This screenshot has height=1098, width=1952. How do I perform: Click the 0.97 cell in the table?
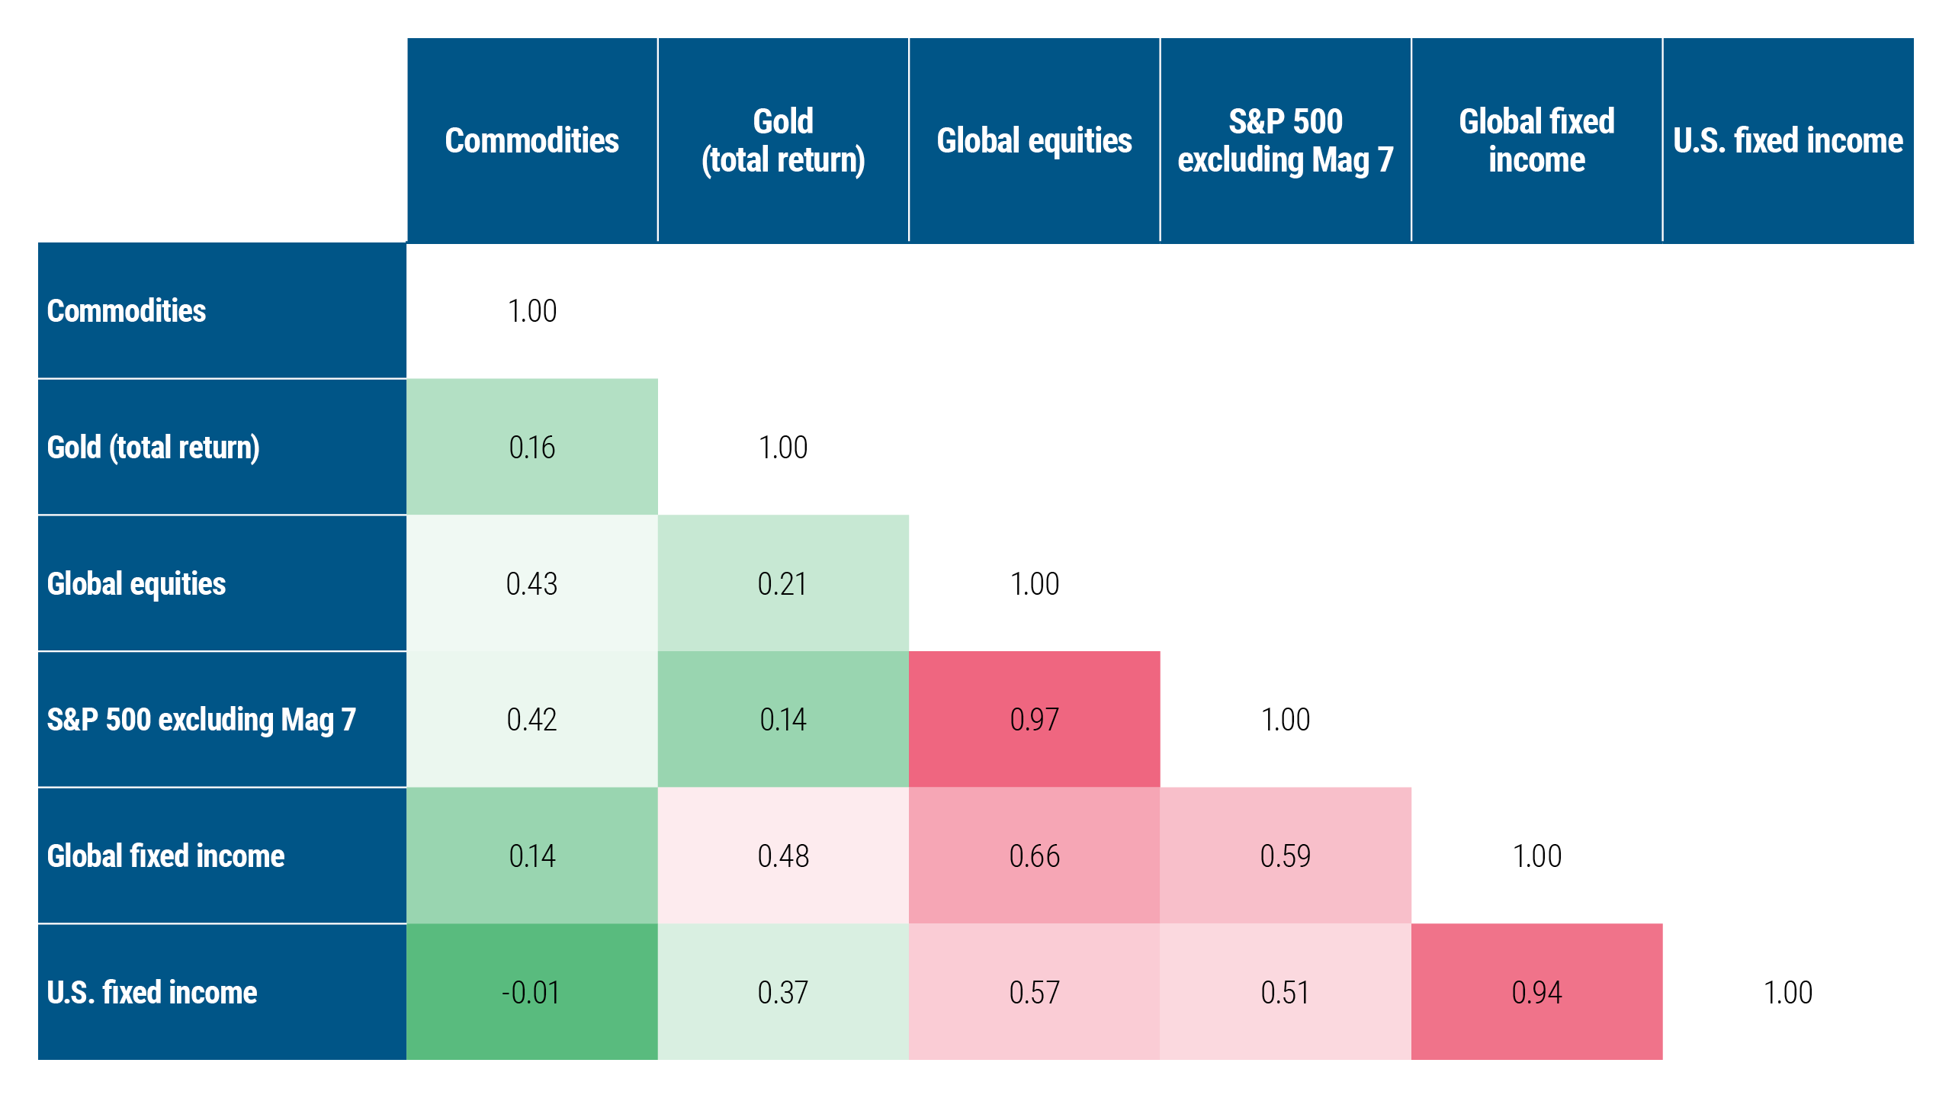1034,719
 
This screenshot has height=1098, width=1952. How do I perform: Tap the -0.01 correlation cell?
531,992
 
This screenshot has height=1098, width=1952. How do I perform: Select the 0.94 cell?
1536,992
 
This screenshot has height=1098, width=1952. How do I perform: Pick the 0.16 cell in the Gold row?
531,447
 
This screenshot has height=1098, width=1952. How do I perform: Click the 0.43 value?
531,583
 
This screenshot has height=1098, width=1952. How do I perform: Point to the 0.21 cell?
782,583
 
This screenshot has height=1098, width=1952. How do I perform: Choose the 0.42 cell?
531,719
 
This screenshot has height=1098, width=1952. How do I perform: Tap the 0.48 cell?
782,856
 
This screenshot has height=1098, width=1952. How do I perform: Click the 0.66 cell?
1034,856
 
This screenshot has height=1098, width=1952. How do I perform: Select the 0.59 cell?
1285,856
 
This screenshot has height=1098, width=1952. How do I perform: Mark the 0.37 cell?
782,992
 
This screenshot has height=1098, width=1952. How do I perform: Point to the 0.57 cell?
1034,992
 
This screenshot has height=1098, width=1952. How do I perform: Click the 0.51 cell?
1285,992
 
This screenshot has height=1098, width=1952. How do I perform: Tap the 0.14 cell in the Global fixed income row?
531,856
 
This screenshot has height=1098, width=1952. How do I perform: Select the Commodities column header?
531,140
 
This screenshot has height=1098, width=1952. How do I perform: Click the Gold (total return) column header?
782,140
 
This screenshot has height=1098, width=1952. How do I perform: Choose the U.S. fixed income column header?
1787,140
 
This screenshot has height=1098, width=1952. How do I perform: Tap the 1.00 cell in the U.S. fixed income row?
1787,992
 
